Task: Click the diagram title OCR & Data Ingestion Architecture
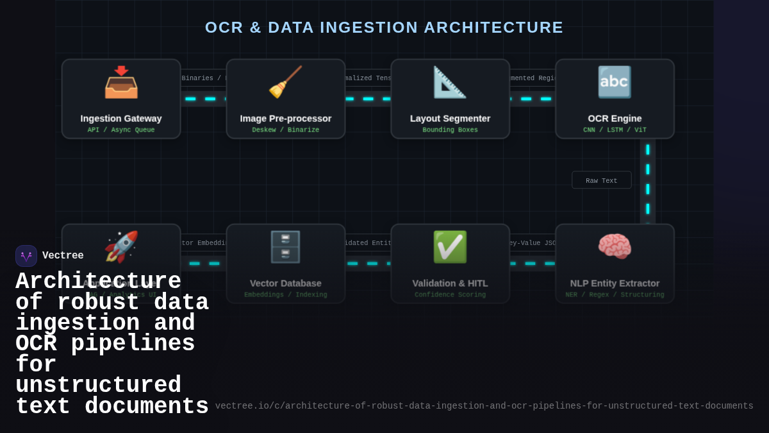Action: pos(384,28)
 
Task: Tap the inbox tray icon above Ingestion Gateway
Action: pos(121,82)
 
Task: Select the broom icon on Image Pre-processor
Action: pos(285,82)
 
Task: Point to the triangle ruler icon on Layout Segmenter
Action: pos(449,82)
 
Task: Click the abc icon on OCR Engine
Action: pos(614,82)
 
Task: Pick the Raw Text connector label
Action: pos(601,181)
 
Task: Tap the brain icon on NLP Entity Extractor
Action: pos(614,246)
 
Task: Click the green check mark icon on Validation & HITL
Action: pos(450,247)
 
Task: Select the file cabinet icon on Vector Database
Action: pos(285,247)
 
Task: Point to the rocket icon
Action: pos(121,246)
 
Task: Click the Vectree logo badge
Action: pos(26,256)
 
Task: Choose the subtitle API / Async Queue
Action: pos(121,130)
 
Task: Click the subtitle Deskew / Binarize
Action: pos(285,130)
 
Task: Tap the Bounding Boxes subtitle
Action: pos(450,130)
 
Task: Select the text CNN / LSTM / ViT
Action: pos(615,130)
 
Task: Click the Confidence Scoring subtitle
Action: pos(450,295)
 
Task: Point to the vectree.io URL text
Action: pos(484,406)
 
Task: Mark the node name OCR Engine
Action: pos(615,119)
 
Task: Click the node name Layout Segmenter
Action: pos(450,119)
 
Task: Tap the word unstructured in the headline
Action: pos(98,386)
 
